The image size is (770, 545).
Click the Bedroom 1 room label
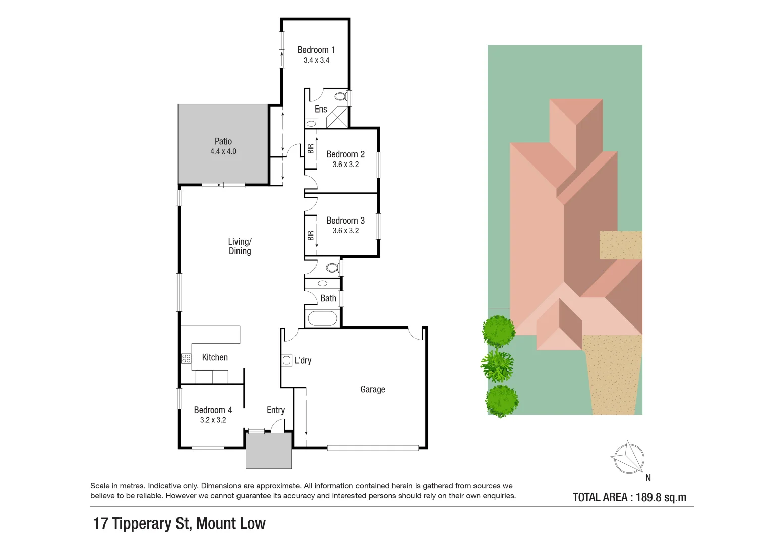pyautogui.click(x=316, y=50)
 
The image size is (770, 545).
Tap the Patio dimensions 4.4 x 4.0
pyautogui.click(x=223, y=151)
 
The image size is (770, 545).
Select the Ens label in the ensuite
pyautogui.click(x=321, y=109)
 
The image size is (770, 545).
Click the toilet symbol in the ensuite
pyautogui.click(x=340, y=96)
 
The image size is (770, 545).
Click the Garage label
pyautogui.click(x=373, y=389)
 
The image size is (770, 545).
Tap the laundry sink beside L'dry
pyautogui.click(x=287, y=360)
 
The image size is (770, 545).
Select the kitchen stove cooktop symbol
pyautogui.click(x=186, y=358)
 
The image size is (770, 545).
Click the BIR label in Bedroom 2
pyautogui.click(x=311, y=149)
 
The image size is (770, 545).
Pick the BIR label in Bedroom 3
pyautogui.click(x=311, y=235)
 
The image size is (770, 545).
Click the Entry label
pyautogui.click(x=276, y=410)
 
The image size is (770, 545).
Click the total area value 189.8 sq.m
pyautogui.click(x=661, y=497)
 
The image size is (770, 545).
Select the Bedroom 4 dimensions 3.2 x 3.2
pyautogui.click(x=213, y=420)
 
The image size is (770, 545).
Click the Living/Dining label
pyautogui.click(x=240, y=246)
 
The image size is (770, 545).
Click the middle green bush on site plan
pyautogui.click(x=498, y=366)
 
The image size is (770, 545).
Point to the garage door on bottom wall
pyautogui.click(x=373, y=448)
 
